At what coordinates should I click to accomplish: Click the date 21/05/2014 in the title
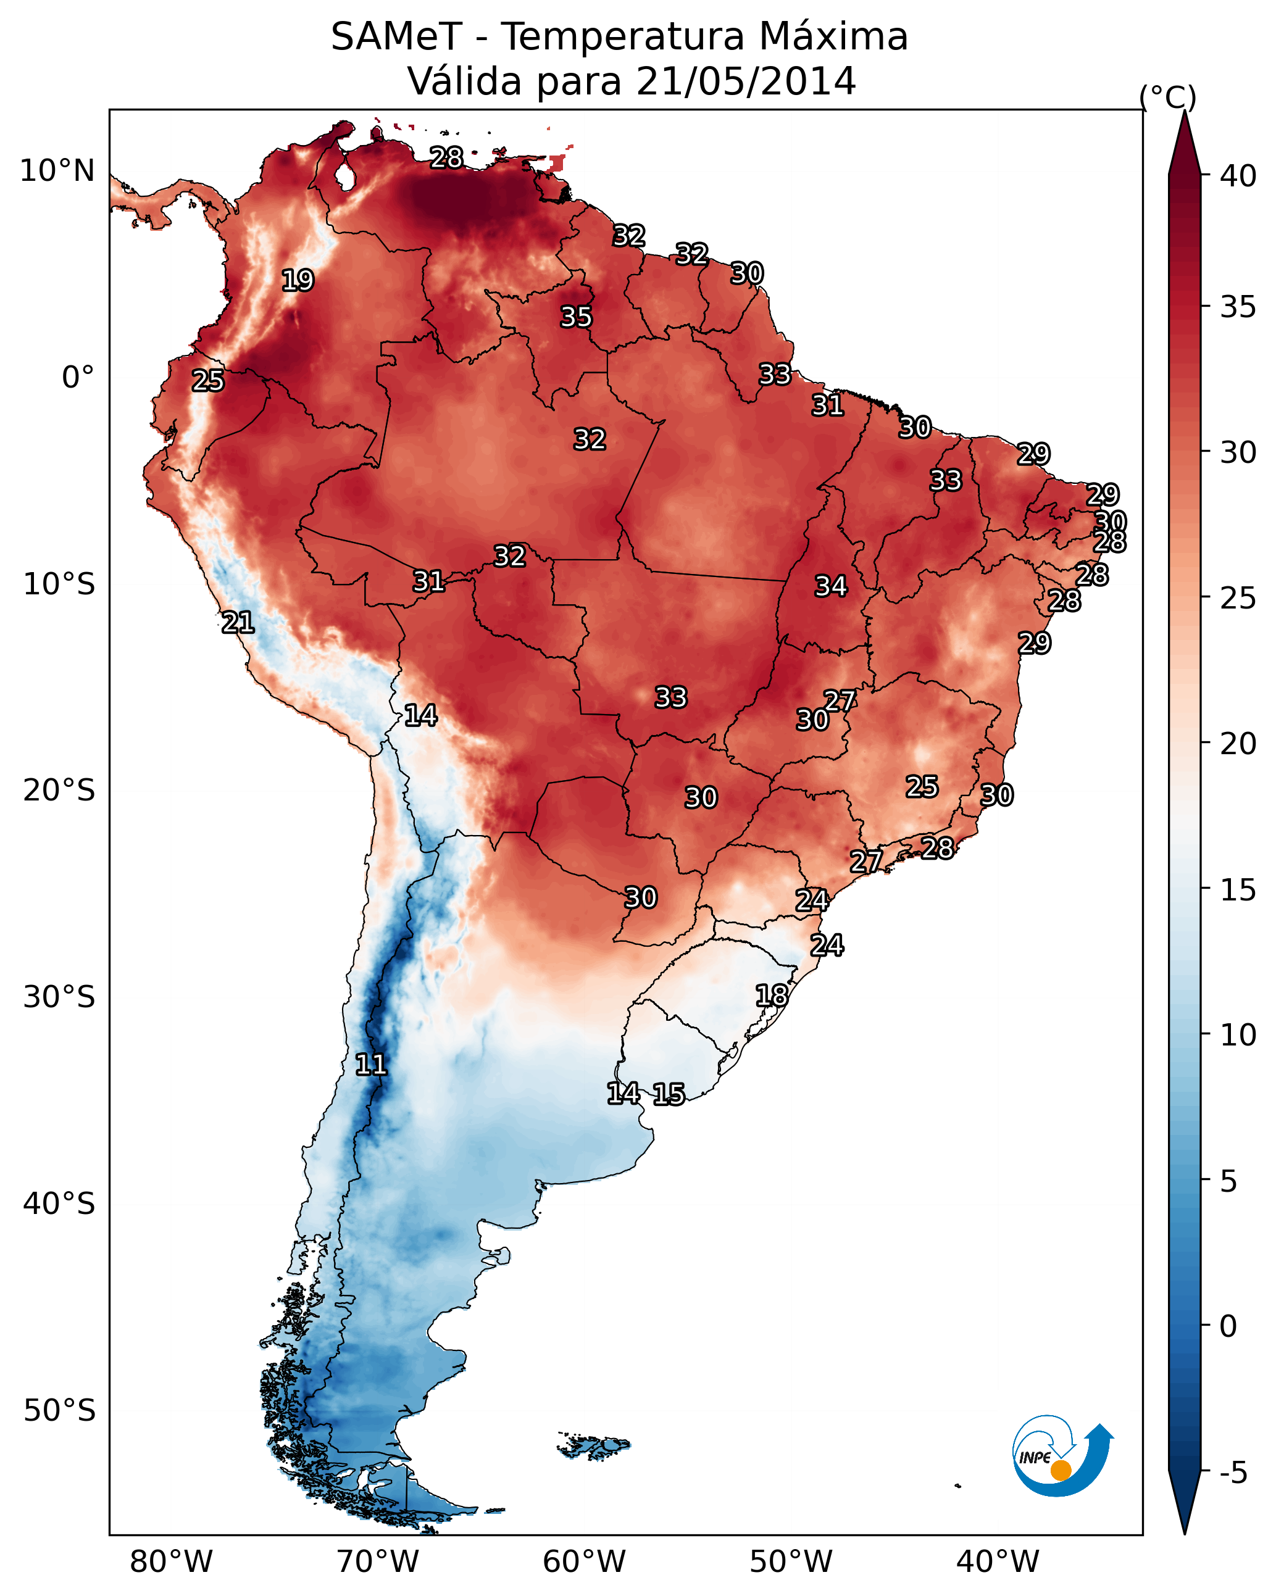(x=745, y=81)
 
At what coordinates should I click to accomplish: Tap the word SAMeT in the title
(x=396, y=37)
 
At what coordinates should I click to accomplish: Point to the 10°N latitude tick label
(x=57, y=171)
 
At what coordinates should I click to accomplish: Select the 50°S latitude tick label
(x=59, y=1411)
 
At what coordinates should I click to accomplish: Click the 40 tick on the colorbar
(x=1238, y=176)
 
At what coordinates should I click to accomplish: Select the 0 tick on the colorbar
(x=1228, y=1326)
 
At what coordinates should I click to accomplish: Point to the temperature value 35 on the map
(x=576, y=317)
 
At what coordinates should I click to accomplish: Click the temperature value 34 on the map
(x=831, y=586)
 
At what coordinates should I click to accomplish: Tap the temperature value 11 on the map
(x=371, y=1065)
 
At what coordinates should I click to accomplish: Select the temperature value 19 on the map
(x=298, y=281)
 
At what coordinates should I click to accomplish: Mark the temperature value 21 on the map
(x=238, y=623)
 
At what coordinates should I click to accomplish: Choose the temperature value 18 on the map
(x=772, y=995)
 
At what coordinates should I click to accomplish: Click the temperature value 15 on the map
(x=669, y=1094)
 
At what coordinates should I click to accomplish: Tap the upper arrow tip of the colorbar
(x=1184, y=115)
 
